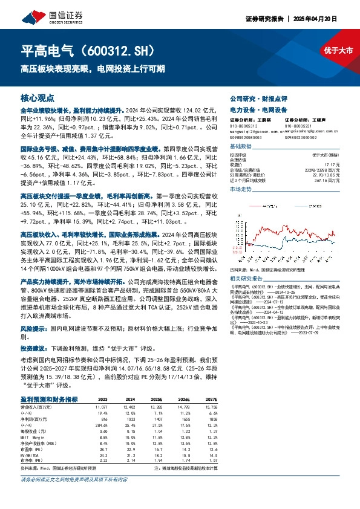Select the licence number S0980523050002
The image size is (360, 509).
pos(300,137)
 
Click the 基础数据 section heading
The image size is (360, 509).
pos(240,147)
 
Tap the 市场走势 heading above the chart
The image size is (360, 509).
pos(240,189)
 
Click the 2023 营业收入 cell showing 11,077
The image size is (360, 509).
pos(101,407)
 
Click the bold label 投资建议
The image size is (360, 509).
pos(34,349)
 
